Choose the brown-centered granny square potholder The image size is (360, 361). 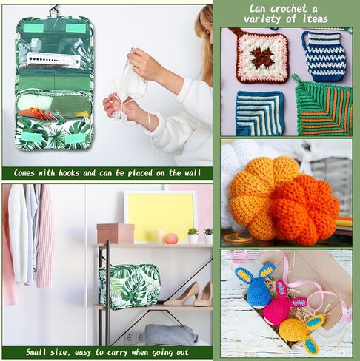pos(261,56)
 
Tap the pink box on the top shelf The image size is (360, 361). pos(115,233)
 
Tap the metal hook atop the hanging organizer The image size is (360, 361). pos(53,10)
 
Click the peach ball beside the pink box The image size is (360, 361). pos(171,238)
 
